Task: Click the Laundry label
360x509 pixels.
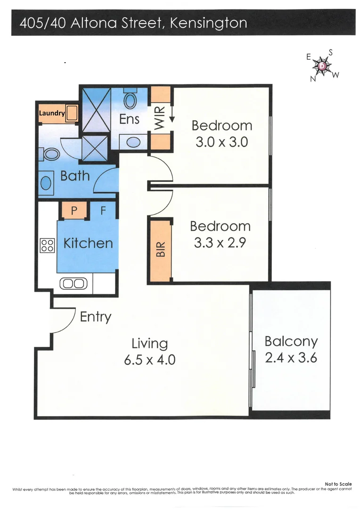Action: click(x=51, y=113)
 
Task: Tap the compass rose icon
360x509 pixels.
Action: click(x=323, y=66)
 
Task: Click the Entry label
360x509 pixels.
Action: click(x=95, y=317)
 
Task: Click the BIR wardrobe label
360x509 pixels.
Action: click(x=161, y=249)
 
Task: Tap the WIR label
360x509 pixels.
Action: click(x=159, y=118)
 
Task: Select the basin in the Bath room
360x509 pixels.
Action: click(x=46, y=183)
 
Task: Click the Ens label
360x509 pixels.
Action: click(x=129, y=119)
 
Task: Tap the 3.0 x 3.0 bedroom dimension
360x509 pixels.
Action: click(x=221, y=142)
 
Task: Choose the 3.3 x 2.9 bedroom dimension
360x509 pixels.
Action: click(x=220, y=243)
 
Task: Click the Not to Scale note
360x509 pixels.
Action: click(x=338, y=484)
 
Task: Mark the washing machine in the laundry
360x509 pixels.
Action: click(x=72, y=114)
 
